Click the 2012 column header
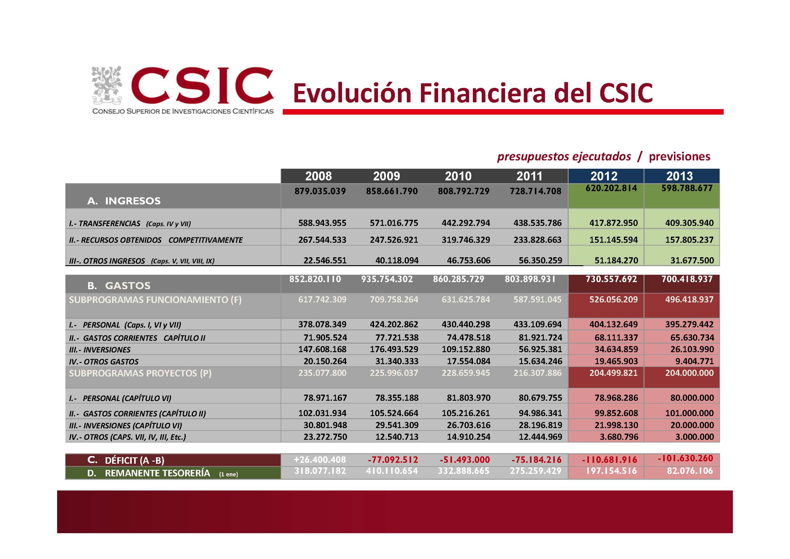(x=604, y=176)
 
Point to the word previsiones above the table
(x=679, y=156)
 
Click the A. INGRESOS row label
(x=124, y=201)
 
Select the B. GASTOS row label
(x=119, y=285)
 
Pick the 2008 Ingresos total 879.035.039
(x=320, y=191)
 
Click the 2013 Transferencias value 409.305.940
(x=689, y=223)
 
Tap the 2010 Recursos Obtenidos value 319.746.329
(x=466, y=240)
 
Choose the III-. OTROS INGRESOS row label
(x=142, y=261)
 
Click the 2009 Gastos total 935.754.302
(x=387, y=279)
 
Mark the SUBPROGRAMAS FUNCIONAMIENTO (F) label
(x=155, y=300)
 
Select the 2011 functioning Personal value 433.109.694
(x=537, y=324)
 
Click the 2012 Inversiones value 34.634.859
(x=616, y=349)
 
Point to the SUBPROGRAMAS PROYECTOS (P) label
(x=140, y=373)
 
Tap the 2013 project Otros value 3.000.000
(x=694, y=437)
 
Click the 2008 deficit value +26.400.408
(x=320, y=459)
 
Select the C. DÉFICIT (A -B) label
(x=126, y=460)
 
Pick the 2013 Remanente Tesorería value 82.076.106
(x=690, y=471)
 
